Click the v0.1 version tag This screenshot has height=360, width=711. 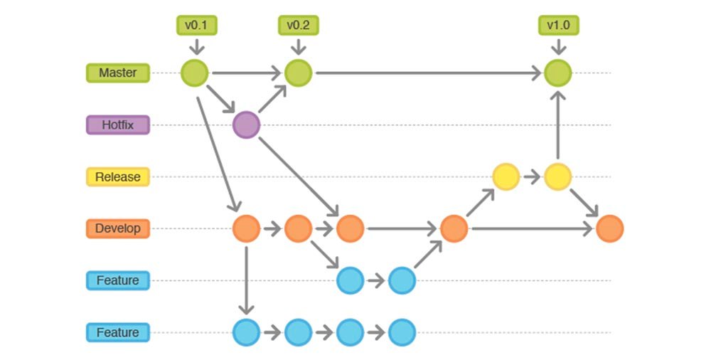(x=196, y=26)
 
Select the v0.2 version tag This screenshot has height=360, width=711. (x=299, y=26)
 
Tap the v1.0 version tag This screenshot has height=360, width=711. (x=558, y=26)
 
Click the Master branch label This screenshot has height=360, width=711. (x=118, y=73)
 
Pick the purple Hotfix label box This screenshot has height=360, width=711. (x=118, y=125)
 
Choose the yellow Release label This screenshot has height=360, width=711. (x=118, y=176)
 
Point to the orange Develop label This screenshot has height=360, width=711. (x=118, y=228)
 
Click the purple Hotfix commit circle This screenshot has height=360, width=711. (x=246, y=125)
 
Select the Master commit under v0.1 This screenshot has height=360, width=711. (x=195, y=73)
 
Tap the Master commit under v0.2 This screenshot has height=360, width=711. (x=299, y=73)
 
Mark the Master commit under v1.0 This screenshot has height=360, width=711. (x=557, y=73)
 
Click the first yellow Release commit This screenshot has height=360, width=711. (x=506, y=176)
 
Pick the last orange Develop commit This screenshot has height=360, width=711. (x=610, y=228)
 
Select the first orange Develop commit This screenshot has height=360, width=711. (x=246, y=228)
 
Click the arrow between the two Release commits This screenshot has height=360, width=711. (x=532, y=176)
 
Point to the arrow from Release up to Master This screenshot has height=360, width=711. (x=557, y=125)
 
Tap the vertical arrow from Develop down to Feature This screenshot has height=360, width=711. (x=246, y=280)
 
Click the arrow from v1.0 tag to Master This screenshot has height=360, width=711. (x=558, y=47)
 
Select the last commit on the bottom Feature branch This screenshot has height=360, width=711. (x=402, y=332)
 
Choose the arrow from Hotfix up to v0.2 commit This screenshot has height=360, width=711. (x=272, y=98)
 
